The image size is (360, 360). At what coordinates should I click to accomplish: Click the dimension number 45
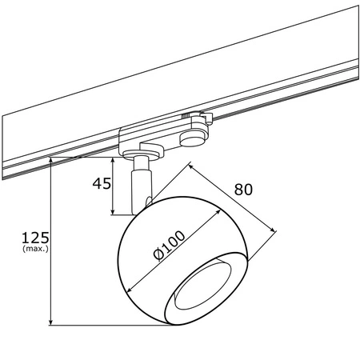click(102, 183)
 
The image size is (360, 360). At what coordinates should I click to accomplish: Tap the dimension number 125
click(35, 238)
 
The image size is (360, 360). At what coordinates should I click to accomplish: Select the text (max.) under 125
click(35, 249)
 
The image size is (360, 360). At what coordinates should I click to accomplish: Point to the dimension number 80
click(243, 190)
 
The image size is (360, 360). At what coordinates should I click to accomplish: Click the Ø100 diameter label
click(169, 246)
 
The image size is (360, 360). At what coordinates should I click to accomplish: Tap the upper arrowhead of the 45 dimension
click(113, 160)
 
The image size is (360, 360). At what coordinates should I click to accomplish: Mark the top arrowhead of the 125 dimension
click(50, 160)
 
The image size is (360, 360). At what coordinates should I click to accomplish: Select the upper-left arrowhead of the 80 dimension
click(191, 166)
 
